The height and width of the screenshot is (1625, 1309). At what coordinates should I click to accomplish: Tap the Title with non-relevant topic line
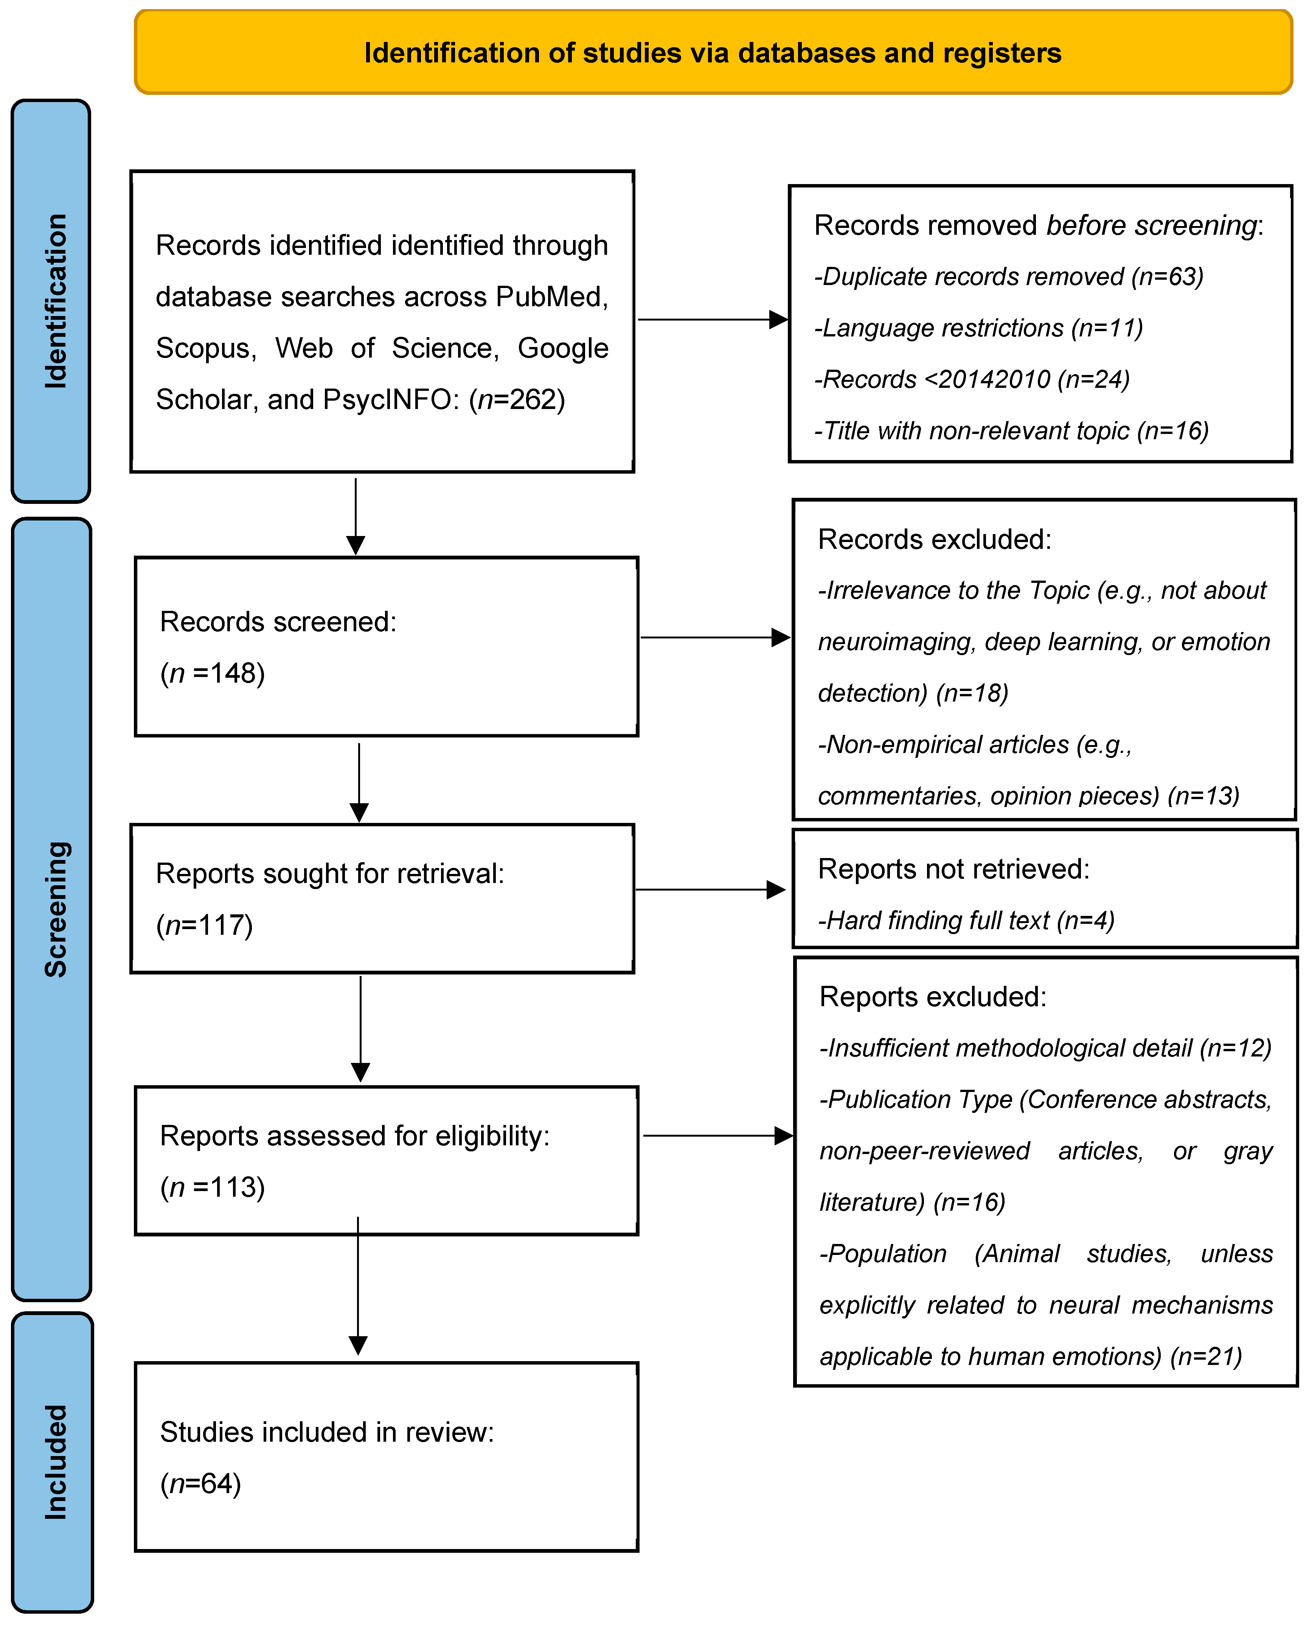pyautogui.click(x=1011, y=431)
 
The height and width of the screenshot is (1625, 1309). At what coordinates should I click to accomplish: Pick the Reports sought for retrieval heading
pyautogui.click(x=329, y=874)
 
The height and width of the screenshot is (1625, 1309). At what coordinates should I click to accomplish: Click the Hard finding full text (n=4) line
pyautogui.click(x=966, y=920)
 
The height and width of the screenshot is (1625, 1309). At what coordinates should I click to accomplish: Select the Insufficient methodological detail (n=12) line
pyautogui.click(x=1045, y=1048)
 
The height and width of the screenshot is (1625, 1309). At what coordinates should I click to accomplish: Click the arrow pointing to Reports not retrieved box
pyautogui.click(x=710, y=889)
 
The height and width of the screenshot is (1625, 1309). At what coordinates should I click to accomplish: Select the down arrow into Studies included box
pyautogui.click(x=358, y=1289)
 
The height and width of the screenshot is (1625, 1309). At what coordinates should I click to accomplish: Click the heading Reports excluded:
pyautogui.click(x=933, y=996)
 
